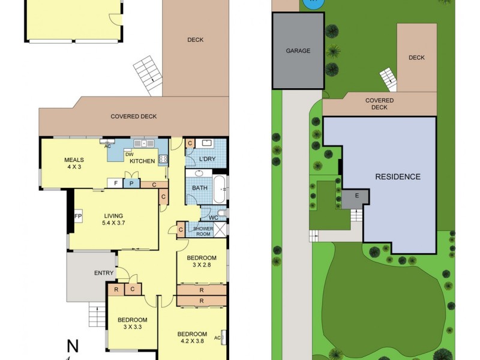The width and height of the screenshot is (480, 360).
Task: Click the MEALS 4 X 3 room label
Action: tap(74, 163)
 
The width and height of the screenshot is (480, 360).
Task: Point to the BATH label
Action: tap(199, 188)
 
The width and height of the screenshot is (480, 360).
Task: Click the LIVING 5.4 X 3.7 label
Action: tap(113, 220)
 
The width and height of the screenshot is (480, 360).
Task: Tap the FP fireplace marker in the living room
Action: tap(78, 216)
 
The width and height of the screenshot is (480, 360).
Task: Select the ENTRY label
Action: tap(104, 274)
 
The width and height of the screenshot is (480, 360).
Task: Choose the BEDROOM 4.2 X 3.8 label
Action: tap(192, 338)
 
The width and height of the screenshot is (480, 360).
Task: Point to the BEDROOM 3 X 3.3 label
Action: tap(132, 323)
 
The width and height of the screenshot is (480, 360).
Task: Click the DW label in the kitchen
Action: tap(128, 154)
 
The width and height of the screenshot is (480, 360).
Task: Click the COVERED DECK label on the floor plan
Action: tap(134, 116)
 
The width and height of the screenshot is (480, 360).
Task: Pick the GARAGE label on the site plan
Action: tap(298, 51)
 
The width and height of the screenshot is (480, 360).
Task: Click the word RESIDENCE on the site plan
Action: tap(398, 176)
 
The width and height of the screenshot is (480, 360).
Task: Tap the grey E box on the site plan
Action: tap(357, 196)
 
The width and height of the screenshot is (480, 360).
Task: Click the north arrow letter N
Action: tap(73, 346)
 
